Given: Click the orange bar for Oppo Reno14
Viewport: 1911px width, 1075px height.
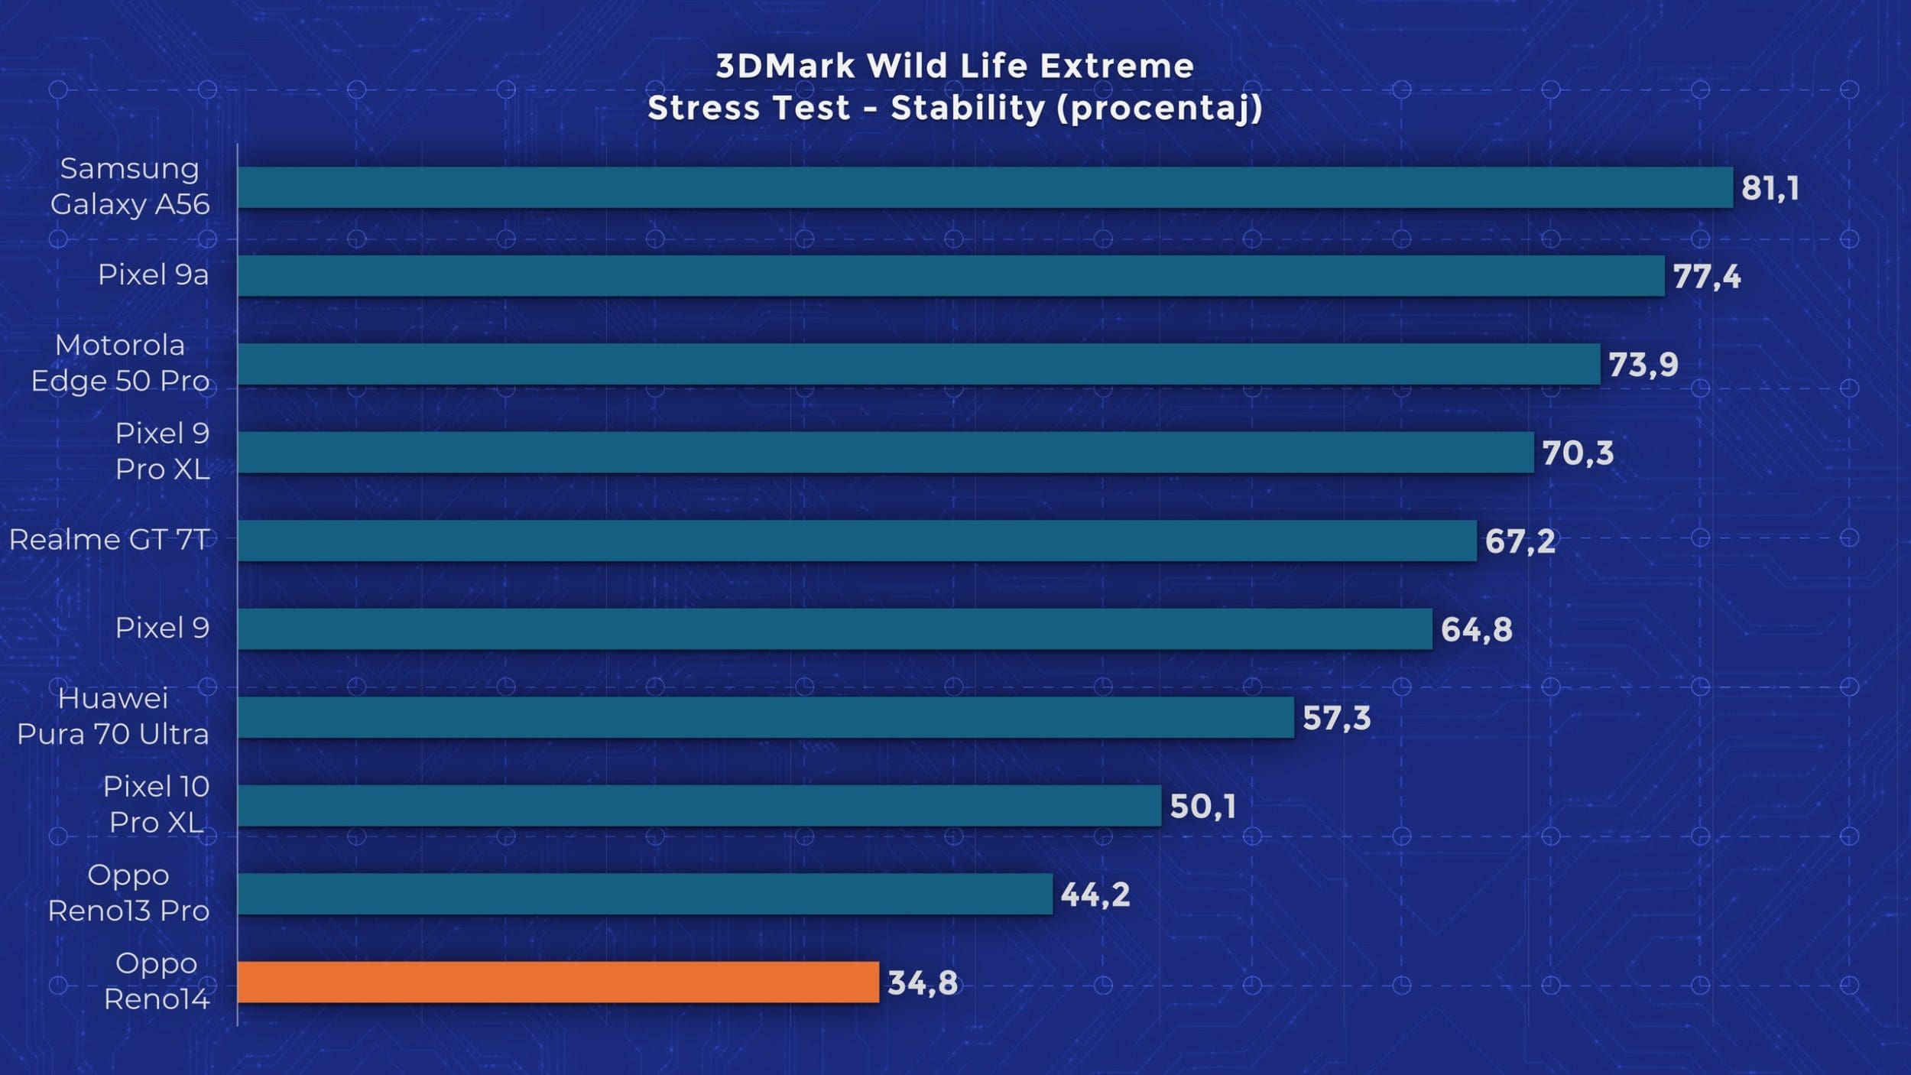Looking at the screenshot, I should click(558, 982).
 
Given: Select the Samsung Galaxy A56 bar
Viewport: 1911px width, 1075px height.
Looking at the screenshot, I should click(985, 187).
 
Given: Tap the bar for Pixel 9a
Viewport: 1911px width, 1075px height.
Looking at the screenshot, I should click(950, 275).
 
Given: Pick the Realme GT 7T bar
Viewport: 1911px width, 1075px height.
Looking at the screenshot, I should click(856, 541).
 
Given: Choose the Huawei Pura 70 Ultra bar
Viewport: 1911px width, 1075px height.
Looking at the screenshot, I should click(765, 717).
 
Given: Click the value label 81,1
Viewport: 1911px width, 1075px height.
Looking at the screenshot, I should click(1770, 188).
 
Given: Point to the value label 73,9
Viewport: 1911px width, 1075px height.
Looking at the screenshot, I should click(1643, 365).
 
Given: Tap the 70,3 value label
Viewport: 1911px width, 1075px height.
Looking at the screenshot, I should click(1577, 453).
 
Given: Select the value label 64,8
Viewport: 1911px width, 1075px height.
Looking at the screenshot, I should click(1476, 629).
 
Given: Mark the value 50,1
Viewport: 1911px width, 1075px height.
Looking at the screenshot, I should click(1202, 806).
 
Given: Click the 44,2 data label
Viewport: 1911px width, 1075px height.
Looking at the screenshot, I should click(1095, 895).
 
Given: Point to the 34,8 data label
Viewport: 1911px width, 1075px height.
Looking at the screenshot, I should click(922, 982).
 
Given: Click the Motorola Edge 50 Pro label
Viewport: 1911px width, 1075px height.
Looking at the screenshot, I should click(120, 363).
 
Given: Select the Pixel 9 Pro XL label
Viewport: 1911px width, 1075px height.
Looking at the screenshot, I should click(162, 451).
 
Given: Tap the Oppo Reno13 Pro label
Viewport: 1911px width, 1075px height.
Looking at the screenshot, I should click(128, 893).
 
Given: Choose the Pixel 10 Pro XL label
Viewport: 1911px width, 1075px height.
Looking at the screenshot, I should click(156, 804).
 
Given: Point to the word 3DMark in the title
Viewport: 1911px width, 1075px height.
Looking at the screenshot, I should click(785, 67).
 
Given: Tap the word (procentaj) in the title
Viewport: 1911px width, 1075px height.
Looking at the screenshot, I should click(1159, 109).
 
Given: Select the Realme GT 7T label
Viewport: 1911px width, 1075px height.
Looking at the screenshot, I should click(109, 540).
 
